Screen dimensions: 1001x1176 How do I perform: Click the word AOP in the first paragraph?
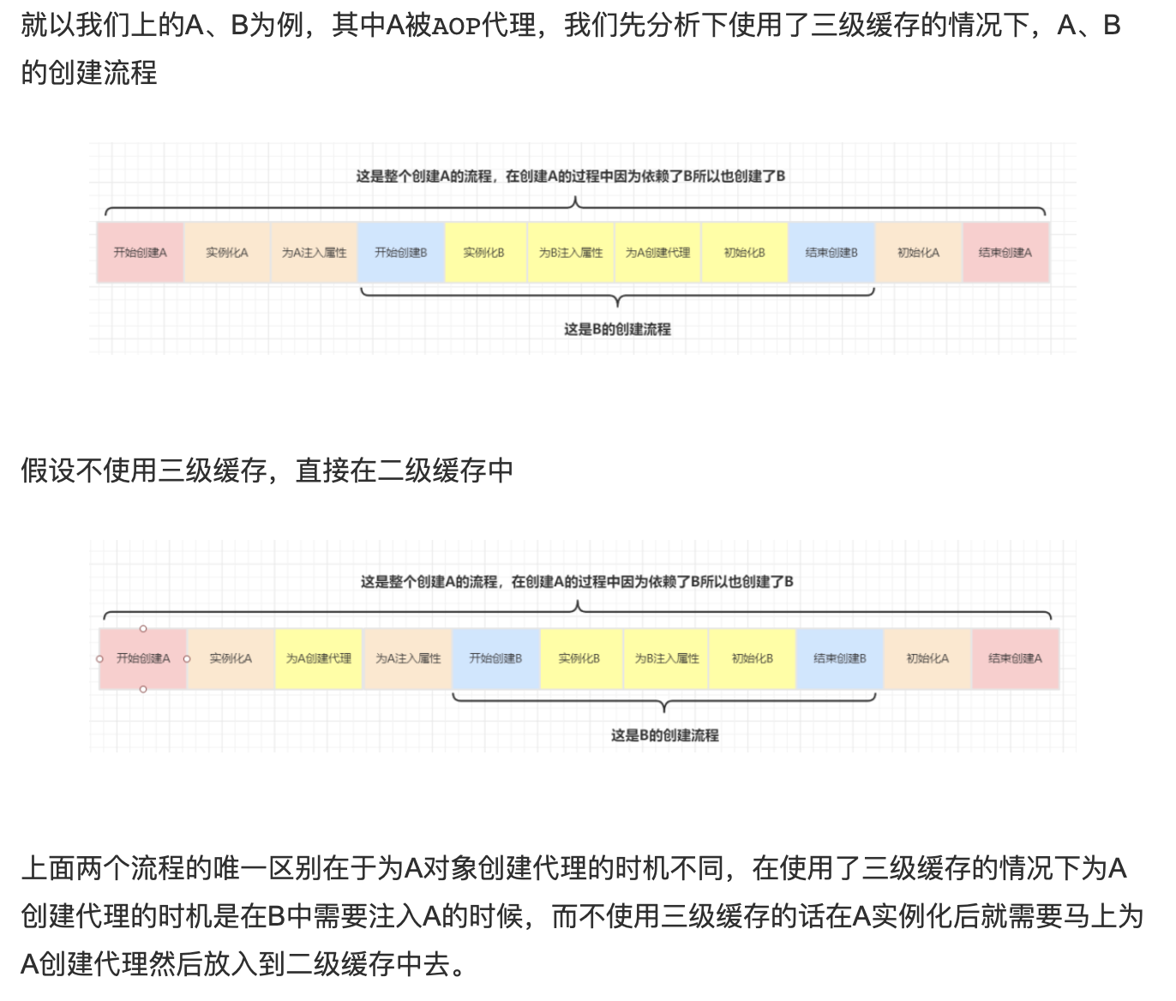[456, 27]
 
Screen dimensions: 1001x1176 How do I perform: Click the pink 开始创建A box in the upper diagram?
[140, 252]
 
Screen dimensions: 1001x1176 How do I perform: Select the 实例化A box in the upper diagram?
[227, 252]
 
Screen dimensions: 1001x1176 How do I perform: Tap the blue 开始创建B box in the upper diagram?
[400, 252]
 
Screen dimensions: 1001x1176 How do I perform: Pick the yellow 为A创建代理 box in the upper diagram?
[657, 252]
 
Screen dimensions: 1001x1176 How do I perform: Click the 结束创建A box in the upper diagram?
[1005, 252]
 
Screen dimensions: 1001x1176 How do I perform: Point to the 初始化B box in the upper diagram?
[744, 252]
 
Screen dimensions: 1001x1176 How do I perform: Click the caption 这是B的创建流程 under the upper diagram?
[617, 329]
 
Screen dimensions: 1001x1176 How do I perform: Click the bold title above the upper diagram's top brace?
[571, 177]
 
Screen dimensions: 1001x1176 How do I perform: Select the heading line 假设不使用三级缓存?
[267, 470]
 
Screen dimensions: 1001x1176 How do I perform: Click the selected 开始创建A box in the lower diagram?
[143, 658]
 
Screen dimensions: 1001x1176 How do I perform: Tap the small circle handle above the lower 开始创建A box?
[143, 629]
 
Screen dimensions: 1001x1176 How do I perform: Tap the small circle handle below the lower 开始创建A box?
[143, 689]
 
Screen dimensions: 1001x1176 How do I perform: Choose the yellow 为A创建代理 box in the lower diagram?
[319, 658]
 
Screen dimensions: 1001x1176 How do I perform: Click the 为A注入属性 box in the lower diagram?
[408, 658]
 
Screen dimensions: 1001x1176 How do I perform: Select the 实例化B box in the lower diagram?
[579, 658]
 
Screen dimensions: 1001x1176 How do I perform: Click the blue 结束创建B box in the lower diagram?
[840, 658]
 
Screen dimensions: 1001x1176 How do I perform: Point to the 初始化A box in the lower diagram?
[927, 658]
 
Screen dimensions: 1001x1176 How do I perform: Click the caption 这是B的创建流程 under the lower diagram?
[664, 735]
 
